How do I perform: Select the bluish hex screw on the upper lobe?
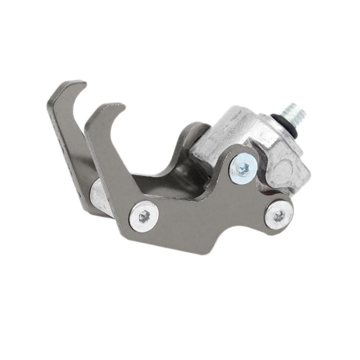point(243,168)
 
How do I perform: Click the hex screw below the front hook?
point(144,216)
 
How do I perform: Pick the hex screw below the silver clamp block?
point(279,215)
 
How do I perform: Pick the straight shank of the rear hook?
point(65,144)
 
